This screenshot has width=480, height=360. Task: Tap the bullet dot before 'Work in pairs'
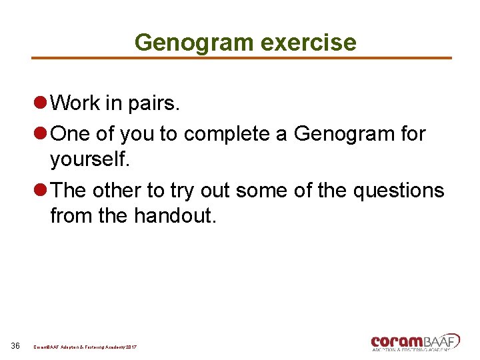(x=39, y=103)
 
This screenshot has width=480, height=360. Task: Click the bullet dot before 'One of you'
(x=39, y=134)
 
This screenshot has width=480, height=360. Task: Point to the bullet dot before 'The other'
(x=39, y=191)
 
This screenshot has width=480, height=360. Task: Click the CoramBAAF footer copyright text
(x=86, y=347)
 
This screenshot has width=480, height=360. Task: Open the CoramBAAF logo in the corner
(x=415, y=341)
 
